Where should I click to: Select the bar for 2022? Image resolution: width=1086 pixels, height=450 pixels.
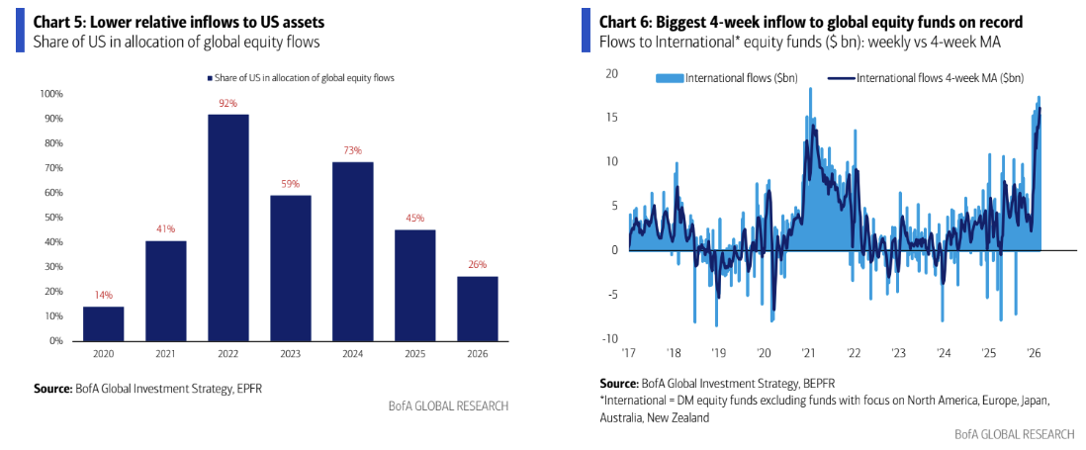(x=228, y=227)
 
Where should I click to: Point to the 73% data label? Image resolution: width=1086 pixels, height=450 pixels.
(x=353, y=150)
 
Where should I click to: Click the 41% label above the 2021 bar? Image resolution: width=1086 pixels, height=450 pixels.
(x=166, y=229)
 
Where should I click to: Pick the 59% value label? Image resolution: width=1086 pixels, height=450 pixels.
(x=291, y=184)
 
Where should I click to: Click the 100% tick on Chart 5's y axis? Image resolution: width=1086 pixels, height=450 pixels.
(x=51, y=94)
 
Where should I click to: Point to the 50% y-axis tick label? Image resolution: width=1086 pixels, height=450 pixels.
(x=53, y=218)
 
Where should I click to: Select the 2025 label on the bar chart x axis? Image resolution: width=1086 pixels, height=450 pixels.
(x=415, y=353)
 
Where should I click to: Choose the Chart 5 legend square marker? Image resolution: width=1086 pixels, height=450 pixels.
(x=211, y=78)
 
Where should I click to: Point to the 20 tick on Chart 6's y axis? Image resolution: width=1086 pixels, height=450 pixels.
(x=612, y=73)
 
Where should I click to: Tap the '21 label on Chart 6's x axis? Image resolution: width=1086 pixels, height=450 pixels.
(x=809, y=352)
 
